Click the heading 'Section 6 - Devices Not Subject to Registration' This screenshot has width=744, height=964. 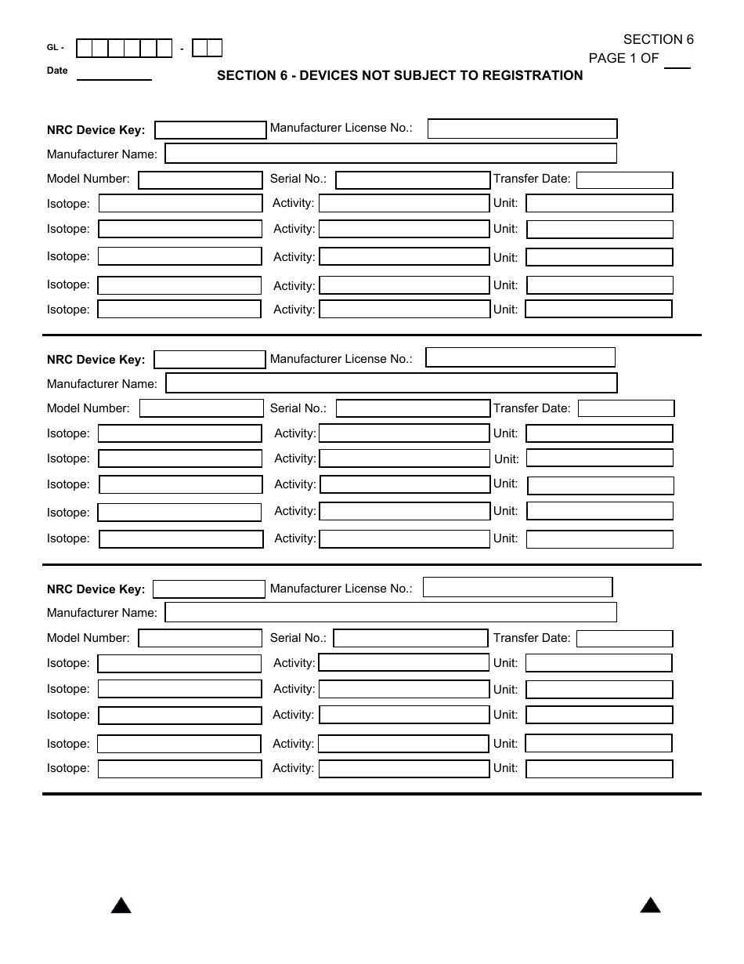pos(399,76)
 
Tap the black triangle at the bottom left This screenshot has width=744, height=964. pos(121,907)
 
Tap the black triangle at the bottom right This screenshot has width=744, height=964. pos(650,906)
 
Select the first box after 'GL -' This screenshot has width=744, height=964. pos(84,49)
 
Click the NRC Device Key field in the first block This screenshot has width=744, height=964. pos(211,130)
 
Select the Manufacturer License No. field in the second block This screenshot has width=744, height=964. pos(520,358)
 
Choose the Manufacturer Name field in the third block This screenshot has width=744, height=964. pos(391,612)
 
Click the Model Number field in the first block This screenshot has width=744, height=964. pos(200,180)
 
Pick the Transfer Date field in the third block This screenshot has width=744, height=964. pos(625,639)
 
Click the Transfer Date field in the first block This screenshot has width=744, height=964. pos(625,180)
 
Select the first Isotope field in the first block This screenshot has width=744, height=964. pos(180,204)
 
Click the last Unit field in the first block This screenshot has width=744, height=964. pos(598,310)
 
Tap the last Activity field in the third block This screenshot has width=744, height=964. pos(404,769)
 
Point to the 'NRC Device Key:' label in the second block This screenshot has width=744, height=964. pos(96,360)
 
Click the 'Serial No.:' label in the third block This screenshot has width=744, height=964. pos(298,638)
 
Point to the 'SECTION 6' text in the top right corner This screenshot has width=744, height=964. pos(658,40)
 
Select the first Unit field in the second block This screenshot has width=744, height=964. pos(599,433)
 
